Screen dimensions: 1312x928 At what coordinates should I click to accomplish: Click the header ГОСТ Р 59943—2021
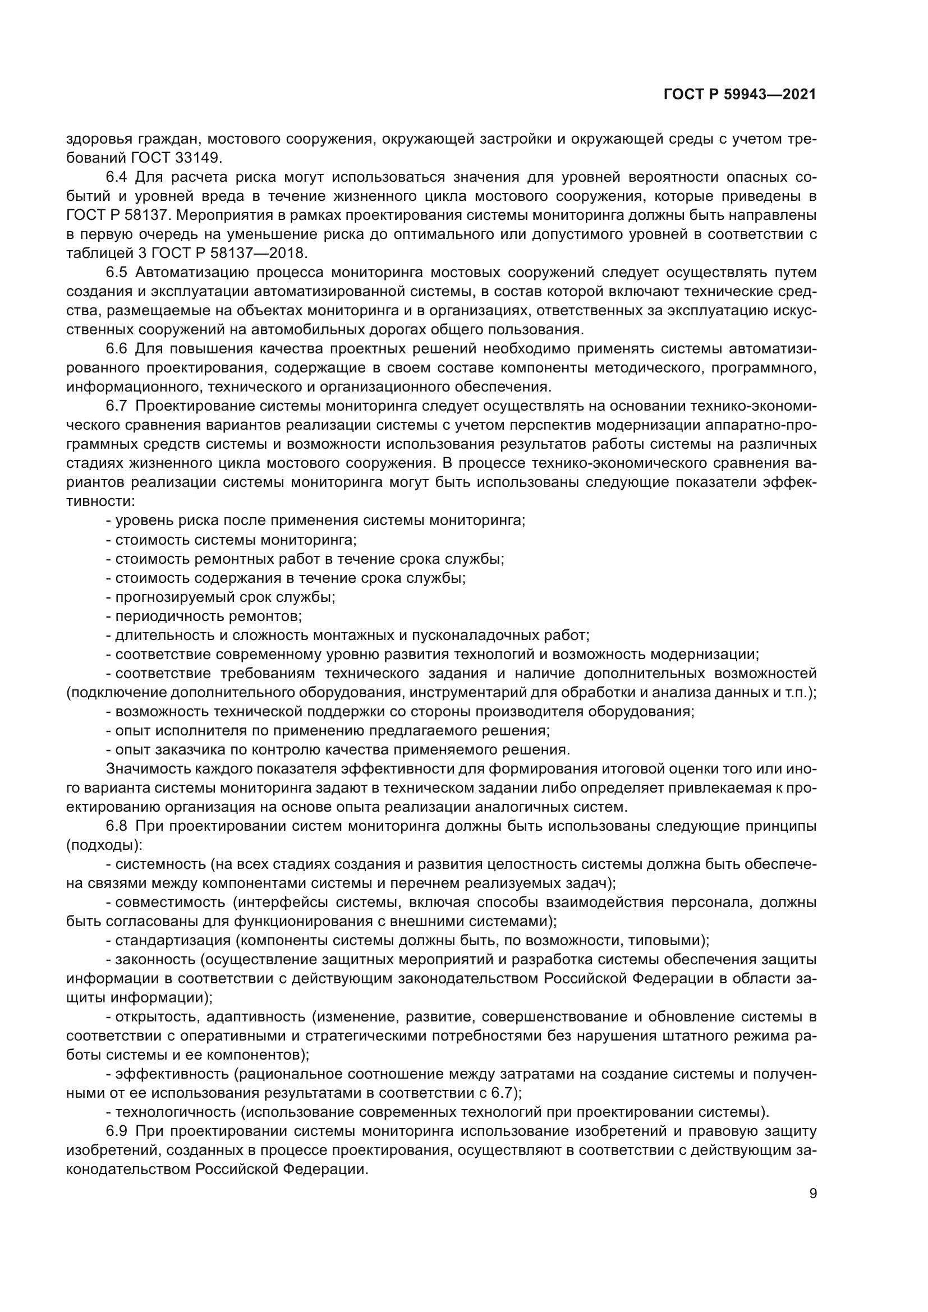click(739, 95)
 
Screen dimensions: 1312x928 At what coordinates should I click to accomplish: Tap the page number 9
click(813, 1194)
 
